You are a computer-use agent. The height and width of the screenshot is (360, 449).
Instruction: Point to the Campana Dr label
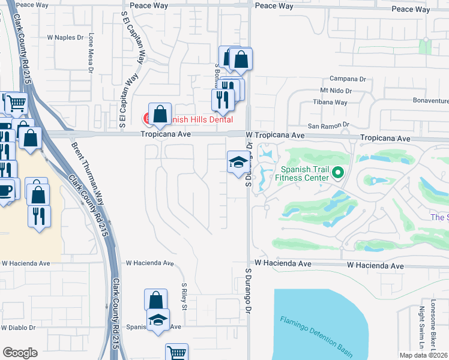pos(348,79)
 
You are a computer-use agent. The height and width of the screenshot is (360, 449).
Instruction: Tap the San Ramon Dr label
pos(328,126)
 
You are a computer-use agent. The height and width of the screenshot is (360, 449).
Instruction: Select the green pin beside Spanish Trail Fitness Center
pos(338,173)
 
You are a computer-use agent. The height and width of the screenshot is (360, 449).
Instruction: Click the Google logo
pos(20,353)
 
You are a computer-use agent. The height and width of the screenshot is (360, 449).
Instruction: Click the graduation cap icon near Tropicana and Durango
pos(238,161)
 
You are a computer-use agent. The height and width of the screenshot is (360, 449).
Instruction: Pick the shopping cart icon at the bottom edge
pos(176,353)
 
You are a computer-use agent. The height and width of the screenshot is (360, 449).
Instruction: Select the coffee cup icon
pos(5,190)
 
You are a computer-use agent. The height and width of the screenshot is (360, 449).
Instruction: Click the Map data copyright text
pos(424,355)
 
